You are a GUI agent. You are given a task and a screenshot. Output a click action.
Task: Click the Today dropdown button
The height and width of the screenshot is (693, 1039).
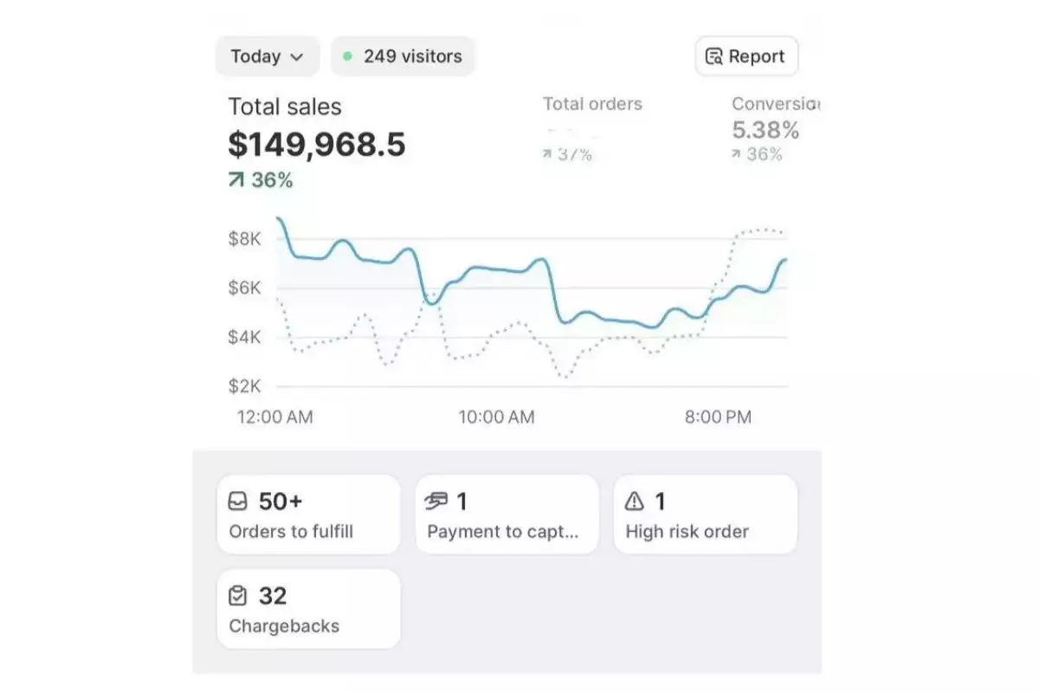coord(267,56)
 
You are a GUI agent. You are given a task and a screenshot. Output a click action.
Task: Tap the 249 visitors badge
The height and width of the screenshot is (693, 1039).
coord(403,56)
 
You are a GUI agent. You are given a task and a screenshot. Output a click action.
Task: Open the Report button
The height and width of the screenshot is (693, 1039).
coord(746,56)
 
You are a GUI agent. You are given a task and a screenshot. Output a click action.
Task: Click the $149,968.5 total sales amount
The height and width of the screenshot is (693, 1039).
coord(317,145)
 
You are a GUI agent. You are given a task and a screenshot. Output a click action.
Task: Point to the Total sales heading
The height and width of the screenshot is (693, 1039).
coord(285,107)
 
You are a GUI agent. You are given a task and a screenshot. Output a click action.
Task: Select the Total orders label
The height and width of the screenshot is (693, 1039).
coord(592,104)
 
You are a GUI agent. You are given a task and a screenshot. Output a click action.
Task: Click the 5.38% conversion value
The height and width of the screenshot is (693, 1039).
coord(765,130)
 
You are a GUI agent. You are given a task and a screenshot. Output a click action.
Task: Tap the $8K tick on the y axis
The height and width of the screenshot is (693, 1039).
coord(244,239)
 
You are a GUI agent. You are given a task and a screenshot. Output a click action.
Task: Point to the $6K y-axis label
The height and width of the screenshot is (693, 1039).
coord(244,288)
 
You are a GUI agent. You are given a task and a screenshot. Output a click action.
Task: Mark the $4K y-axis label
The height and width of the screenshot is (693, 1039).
coord(244,337)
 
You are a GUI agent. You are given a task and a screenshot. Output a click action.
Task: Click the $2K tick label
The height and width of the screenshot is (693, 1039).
coord(244,386)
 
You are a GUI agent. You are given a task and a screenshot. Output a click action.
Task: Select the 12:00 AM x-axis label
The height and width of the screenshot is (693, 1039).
coord(275,417)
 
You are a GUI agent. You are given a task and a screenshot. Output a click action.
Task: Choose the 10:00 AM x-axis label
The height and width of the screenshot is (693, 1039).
coord(496,417)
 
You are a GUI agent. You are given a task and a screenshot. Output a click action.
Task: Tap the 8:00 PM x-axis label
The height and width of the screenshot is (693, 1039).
coord(718,417)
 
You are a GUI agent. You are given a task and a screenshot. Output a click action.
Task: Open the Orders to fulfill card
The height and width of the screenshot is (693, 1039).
coord(308,515)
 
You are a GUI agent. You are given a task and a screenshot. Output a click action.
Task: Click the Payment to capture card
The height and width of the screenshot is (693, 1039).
coord(507,515)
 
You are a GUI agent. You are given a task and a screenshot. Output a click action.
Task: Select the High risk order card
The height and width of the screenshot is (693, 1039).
coord(705,515)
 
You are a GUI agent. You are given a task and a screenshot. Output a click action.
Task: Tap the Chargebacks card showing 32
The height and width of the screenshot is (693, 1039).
coord(308,609)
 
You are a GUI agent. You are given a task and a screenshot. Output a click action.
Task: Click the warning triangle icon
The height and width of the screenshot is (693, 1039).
coord(635,501)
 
